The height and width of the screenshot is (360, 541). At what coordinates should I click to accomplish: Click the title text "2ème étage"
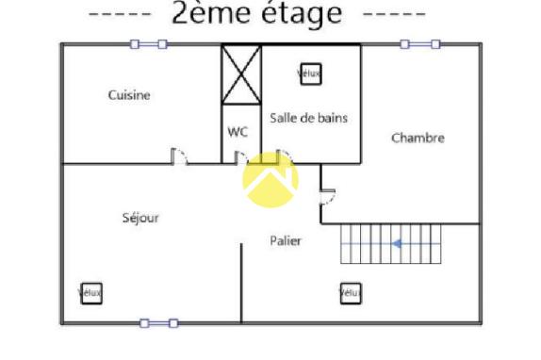pos(256,15)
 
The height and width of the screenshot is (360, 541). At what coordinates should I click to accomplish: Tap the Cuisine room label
pos(129,95)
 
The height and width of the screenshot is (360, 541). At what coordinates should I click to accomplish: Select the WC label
pos(238,132)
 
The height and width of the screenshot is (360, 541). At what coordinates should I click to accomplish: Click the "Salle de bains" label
pos(308,118)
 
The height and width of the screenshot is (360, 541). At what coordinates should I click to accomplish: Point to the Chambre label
pos(418,138)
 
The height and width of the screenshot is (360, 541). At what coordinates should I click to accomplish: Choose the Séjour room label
pos(140,218)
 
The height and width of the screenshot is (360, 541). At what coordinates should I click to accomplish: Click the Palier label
pos(286,241)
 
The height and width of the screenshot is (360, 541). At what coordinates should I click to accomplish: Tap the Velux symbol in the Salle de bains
pos(309,74)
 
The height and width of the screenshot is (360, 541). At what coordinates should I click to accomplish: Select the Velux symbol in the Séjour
pos(90,292)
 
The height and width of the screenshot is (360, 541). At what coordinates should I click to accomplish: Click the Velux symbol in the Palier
pos(351,293)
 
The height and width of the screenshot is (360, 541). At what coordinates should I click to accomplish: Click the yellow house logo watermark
pos(270,179)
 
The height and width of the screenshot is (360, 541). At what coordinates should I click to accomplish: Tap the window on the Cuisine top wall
pos(148,43)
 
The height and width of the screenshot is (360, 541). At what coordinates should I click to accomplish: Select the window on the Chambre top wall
pos(419,43)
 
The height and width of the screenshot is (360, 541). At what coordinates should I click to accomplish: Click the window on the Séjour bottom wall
pos(158,323)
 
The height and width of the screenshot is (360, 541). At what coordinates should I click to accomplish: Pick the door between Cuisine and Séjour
pos(179,156)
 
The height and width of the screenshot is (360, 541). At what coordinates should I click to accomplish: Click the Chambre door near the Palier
pos(327,195)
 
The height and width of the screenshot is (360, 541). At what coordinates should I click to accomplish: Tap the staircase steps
pos(390,245)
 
